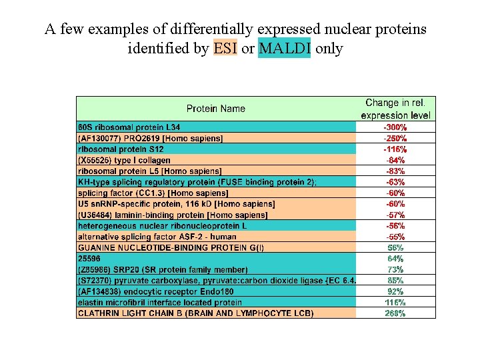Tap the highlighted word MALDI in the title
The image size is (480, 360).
[284, 49]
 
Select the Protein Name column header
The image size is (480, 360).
[215, 109]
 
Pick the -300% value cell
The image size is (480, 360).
[396, 127]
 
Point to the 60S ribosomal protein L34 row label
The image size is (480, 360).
[129, 127]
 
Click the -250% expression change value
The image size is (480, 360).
[396, 138]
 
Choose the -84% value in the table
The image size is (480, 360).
[396, 160]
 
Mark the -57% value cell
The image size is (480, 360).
[396, 215]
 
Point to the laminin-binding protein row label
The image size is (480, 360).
[173, 215]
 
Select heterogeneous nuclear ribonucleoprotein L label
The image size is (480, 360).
[163, 226]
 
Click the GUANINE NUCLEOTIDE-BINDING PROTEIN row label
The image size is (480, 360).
[171, 247]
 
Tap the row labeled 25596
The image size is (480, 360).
[89, 259]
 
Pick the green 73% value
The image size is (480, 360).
[396, 269]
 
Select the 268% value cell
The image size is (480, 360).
[396, 313]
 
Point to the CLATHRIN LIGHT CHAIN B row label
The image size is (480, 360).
[195, 313]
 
